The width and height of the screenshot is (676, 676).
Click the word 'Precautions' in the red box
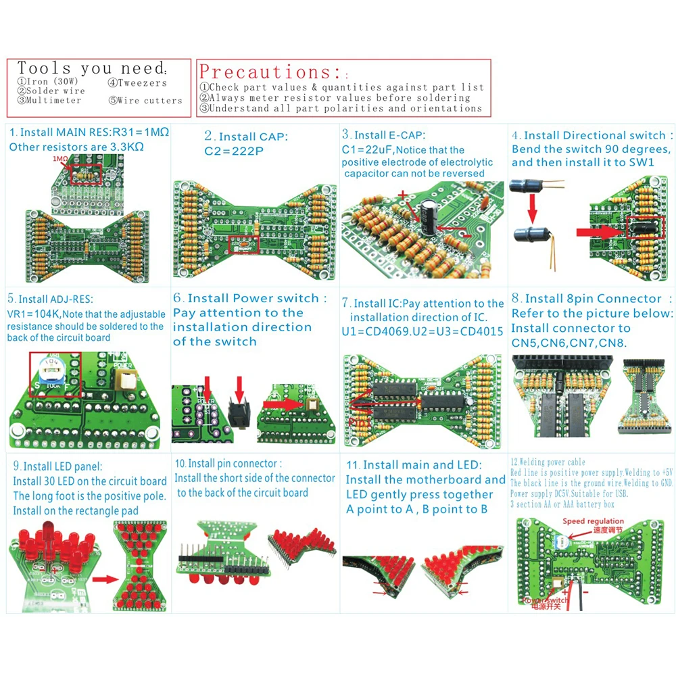coord(270,72)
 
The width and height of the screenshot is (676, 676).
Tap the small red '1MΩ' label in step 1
coord(60,160)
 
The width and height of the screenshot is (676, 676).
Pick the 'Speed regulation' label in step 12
coord(594,521)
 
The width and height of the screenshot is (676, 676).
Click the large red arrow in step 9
coord(105,579)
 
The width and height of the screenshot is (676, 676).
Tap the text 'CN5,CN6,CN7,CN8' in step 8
coord(569,343)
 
